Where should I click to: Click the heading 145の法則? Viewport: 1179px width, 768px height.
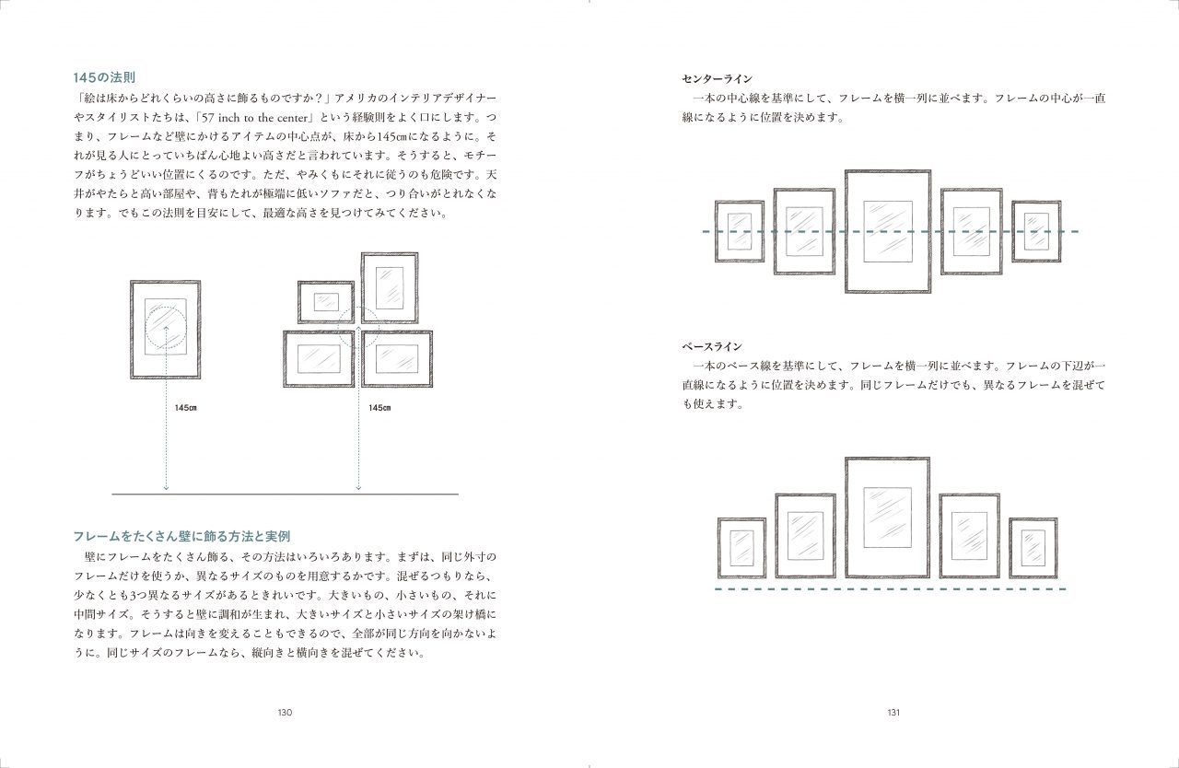(104, 78)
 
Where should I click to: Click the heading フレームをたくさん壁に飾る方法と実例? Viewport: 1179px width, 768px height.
(181, 537)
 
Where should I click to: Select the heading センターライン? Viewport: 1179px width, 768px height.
(717, 79)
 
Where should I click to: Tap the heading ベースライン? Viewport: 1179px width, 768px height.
(712, 346)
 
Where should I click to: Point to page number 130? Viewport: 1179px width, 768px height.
(285, 712)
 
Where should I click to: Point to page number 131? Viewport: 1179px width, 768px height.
(893, 712)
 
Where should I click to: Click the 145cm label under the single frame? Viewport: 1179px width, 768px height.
(186, 408)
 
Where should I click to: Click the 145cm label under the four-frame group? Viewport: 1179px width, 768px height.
(379, 408)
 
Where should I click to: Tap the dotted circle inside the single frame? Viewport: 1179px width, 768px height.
(146, 327)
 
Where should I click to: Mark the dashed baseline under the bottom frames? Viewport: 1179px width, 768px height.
(891, 589)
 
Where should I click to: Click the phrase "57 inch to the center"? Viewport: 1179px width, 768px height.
(255, 118)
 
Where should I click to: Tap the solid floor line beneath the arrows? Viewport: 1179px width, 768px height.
(285, 495)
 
